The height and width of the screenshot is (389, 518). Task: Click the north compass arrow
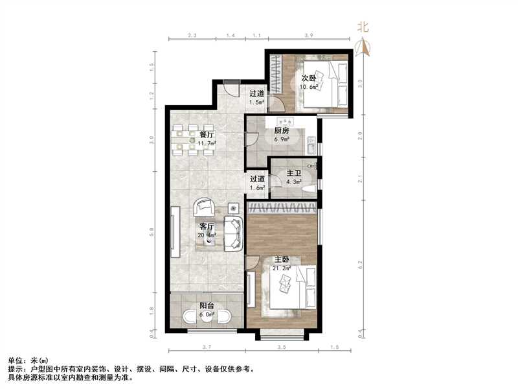pos(363,46)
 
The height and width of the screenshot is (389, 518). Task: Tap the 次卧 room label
pos(309,78)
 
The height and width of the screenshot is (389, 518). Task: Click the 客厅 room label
pos(207,227)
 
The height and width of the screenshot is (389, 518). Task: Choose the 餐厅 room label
pos(207,135)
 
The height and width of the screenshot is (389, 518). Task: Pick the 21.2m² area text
pos(282,268)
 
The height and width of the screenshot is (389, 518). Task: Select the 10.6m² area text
pos(310,87)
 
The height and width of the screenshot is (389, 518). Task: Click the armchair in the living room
pos(204,207)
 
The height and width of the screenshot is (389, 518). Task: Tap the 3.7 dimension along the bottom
pos(207,348)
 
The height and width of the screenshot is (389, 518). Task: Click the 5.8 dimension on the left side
pos(151,231)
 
